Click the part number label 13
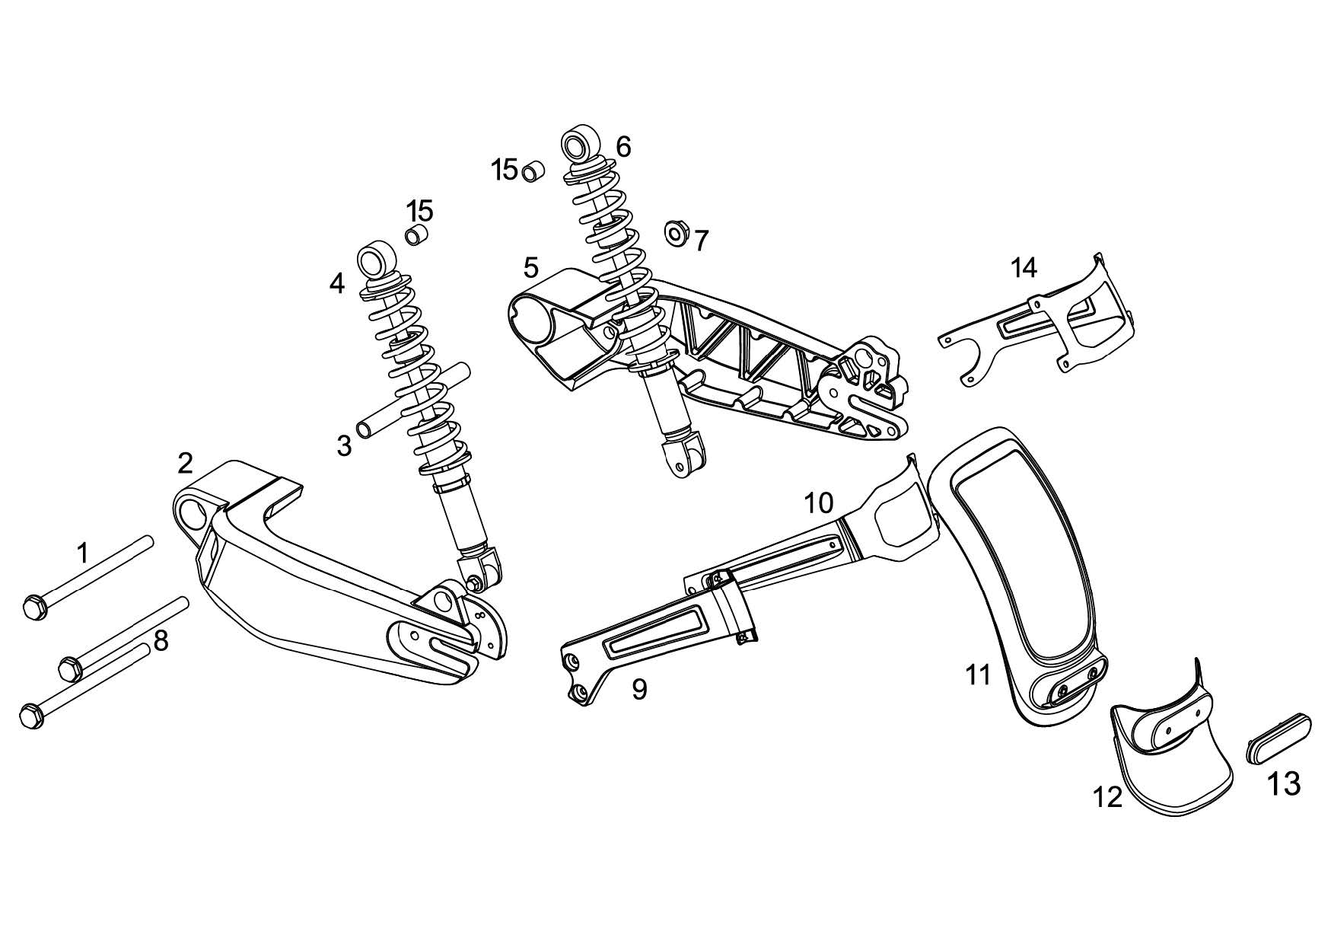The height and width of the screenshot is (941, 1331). (1284, 783)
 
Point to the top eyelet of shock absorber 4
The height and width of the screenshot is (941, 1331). (376, 260)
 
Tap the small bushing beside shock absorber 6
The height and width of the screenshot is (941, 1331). (533, 172)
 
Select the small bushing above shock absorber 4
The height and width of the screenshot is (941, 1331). (416, 234)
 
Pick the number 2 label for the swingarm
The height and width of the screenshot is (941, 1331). (186, 462)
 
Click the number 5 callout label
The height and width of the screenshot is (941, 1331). (531, 267)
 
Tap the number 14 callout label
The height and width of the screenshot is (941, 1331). (1024, 267)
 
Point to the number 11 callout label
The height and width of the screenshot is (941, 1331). (978, 675)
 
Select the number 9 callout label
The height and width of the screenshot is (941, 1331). (639, 689)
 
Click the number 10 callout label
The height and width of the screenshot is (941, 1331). (819, 502)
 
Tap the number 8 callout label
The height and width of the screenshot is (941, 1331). (161, 642)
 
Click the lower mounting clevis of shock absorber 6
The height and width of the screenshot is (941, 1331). (683, 457)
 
